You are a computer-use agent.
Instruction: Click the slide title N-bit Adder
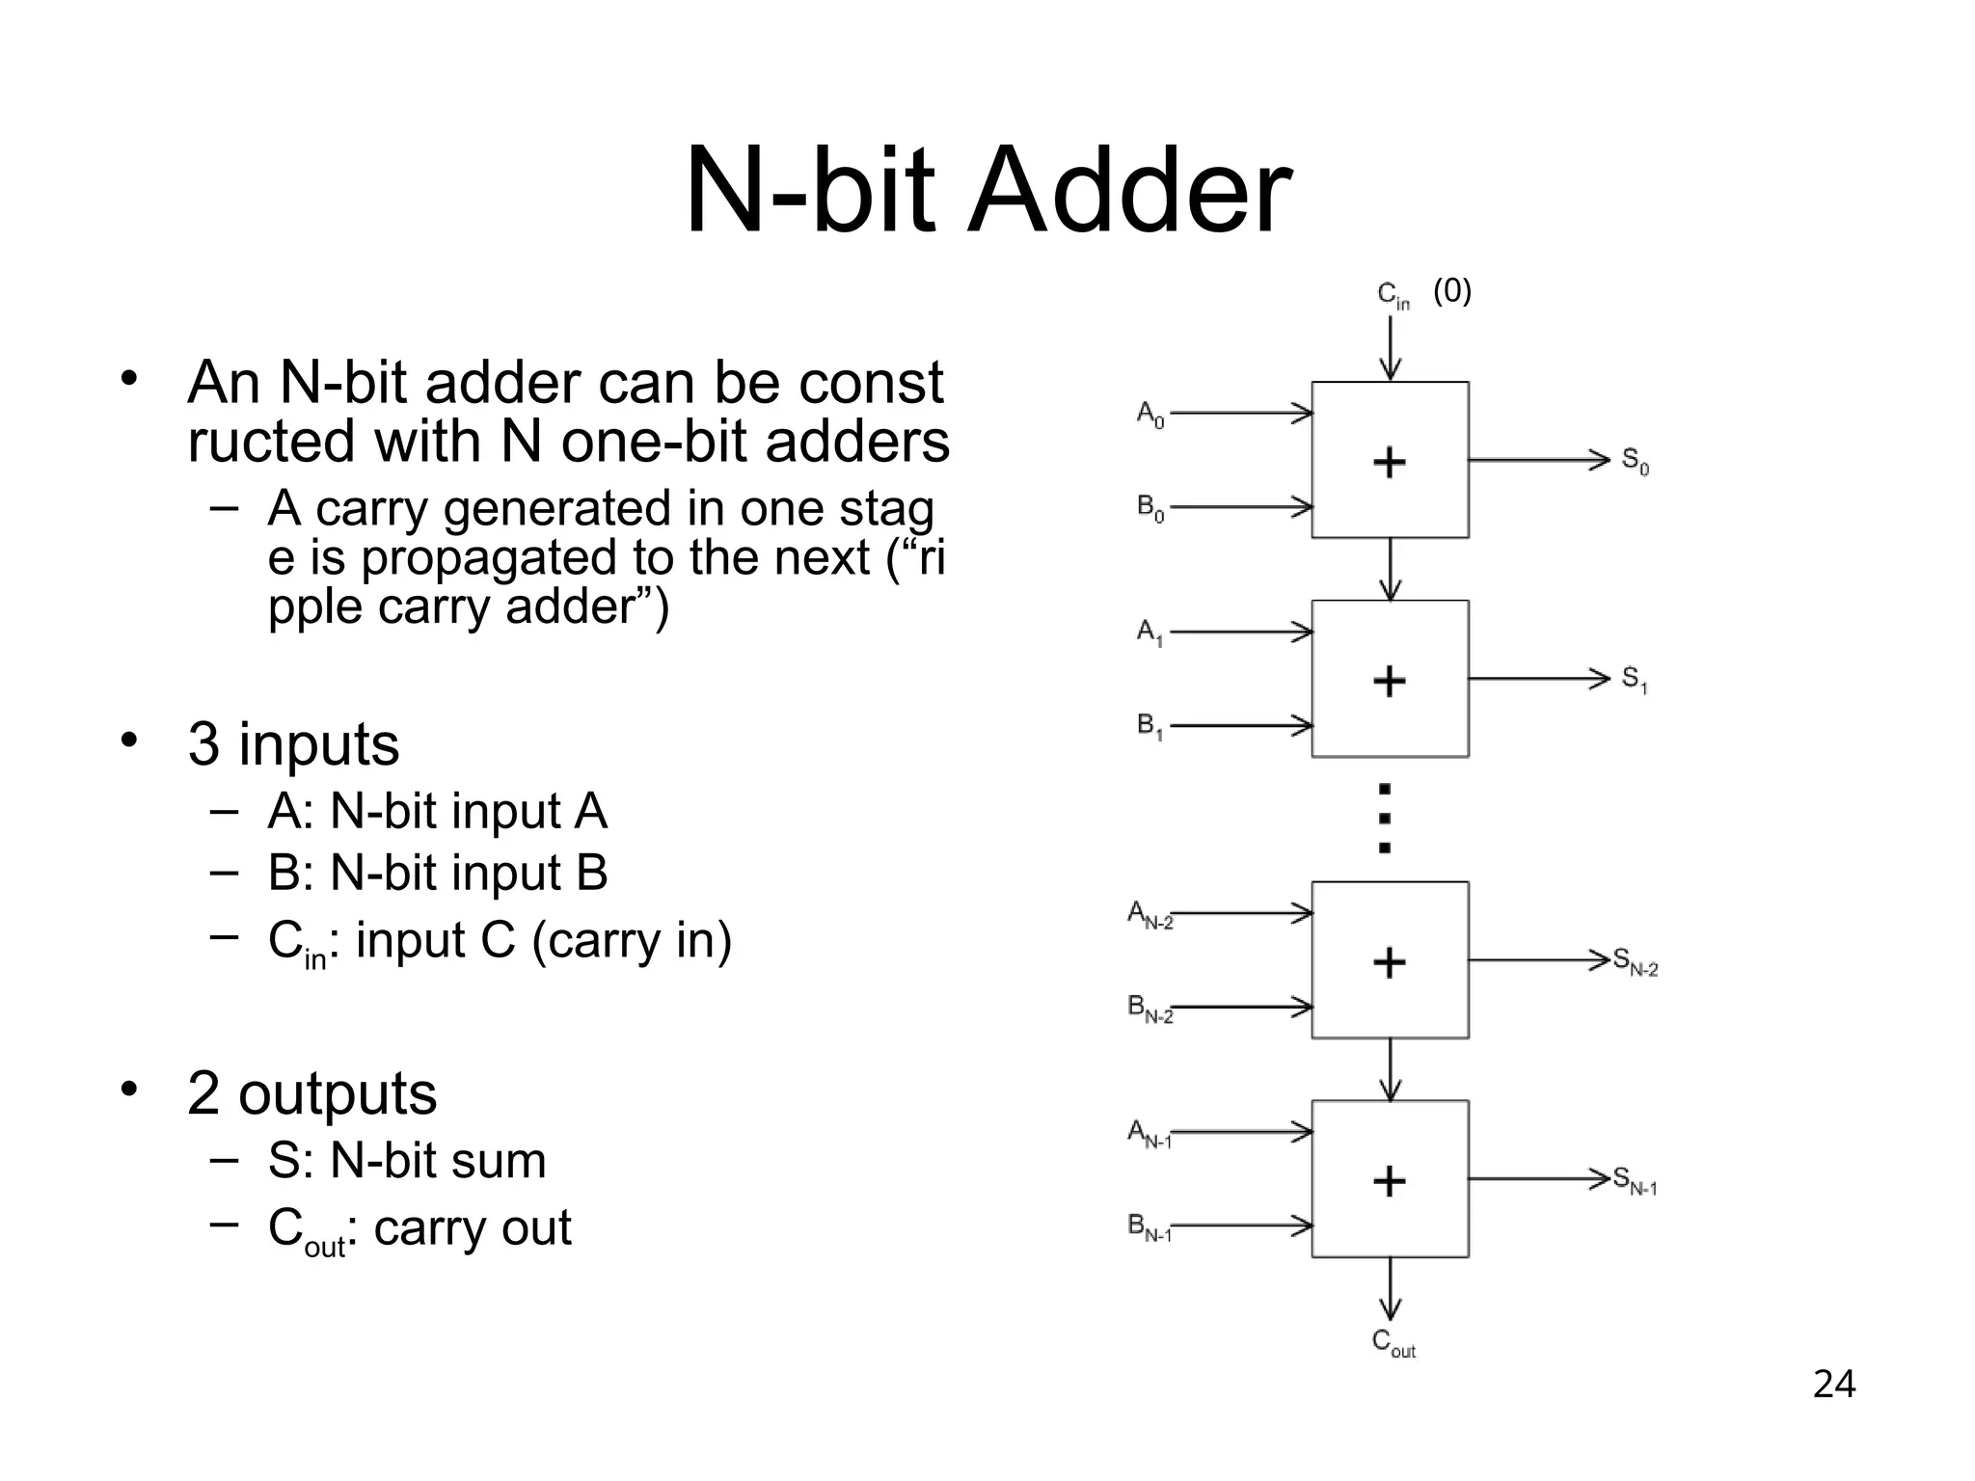987,190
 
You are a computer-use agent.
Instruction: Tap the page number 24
1833,1385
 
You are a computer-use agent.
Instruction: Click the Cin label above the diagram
1393,295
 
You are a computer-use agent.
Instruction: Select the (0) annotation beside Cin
1451,290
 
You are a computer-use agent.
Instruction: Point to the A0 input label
1150,415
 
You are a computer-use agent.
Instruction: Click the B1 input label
1150,726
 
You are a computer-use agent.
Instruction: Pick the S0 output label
1635,462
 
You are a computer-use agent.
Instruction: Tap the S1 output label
1635,680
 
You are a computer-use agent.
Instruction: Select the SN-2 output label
1636,962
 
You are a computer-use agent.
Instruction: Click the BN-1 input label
1150,1227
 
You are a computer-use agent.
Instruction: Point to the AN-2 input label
1150,914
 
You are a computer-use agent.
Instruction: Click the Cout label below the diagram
1393,1343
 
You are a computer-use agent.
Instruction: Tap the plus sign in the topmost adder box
1389,463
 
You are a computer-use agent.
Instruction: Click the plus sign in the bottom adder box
1389,1181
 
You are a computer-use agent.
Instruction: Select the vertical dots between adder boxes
1385,819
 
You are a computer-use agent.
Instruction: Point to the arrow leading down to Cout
1390,1289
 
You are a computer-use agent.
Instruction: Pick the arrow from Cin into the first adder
1390,347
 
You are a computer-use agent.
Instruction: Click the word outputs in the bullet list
338,1093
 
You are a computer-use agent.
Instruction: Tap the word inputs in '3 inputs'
318,744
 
